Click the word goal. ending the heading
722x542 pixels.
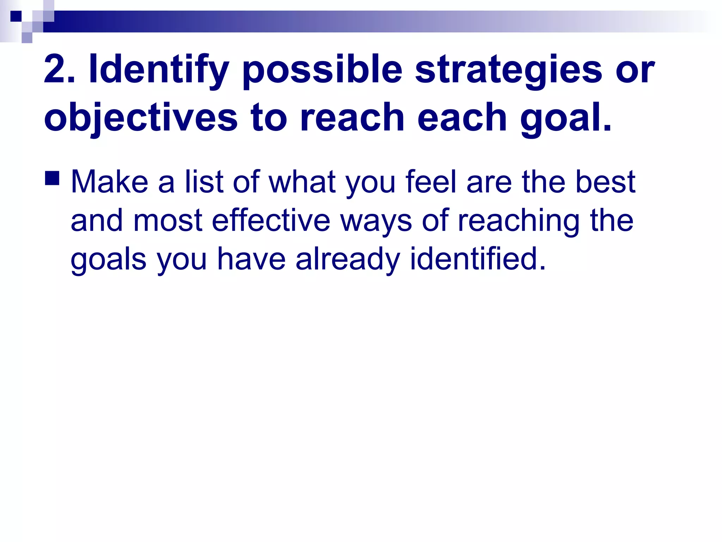click(x=565, y=118)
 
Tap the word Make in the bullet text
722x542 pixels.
click(x=109, y=182)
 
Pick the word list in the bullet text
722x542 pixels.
click(x=204, y=182)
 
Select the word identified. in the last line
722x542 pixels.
click(x=477, y=259)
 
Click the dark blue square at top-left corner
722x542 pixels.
click(x=16, y=16)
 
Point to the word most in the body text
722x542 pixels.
click(x=168, y=221)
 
